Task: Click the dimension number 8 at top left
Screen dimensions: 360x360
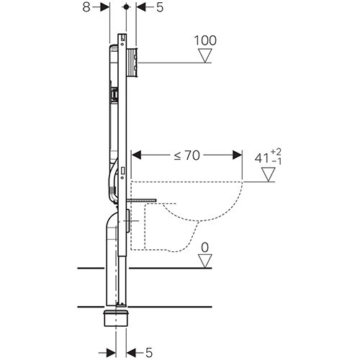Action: (x=86, y=7)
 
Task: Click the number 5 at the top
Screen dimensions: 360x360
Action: (x=160, y=7)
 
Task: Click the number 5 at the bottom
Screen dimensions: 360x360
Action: (x=149, y=353)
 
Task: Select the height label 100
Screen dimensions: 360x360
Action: (x=205, y=40)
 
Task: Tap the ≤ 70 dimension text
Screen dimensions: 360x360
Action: (x=187, y=156)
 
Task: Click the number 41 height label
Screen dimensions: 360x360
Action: (x=262, y=158)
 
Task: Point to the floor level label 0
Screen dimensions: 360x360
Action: (x=204, y=248)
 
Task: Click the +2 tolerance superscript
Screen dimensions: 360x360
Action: (x=276, y=152)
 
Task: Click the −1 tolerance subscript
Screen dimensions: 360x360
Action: (x=276, y=161)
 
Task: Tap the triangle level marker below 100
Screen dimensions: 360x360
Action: (x=205, y=55)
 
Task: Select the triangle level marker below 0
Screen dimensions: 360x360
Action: (x=205, y=261)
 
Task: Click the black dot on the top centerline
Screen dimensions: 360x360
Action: (x=126, y=7)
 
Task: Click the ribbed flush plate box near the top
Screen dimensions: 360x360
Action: (x=132, y=63)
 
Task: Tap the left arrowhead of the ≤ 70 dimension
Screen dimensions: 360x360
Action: (x=137, y=155)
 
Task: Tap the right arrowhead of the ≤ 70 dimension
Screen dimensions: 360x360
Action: (x=238, y=155)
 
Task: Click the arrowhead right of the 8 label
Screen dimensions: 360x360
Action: (x=105, y=7)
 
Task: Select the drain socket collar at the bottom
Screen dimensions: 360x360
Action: (x=117, y=318)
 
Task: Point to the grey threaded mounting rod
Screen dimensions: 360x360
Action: (x=141, y=200)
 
